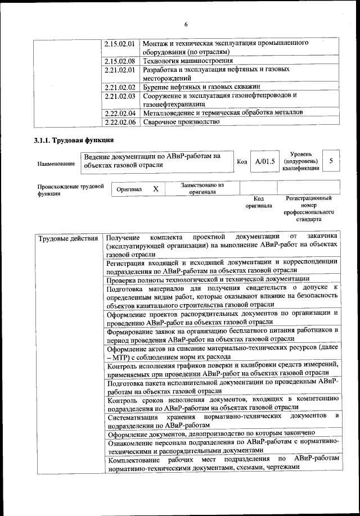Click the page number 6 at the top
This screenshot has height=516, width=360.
[185, 24]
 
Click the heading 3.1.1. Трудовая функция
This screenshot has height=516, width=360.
[74, 140]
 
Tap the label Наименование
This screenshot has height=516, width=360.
[56, 164]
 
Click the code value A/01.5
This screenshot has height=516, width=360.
[264, 161]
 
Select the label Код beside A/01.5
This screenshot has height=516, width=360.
[242, 162]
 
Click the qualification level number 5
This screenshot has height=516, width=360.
[331, 161]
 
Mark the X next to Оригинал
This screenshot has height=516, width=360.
[156, 189]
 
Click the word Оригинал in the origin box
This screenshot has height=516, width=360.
[129, 190]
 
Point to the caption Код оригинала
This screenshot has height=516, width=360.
[258, 202]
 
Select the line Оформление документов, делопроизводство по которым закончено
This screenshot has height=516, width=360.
[211, 433]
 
